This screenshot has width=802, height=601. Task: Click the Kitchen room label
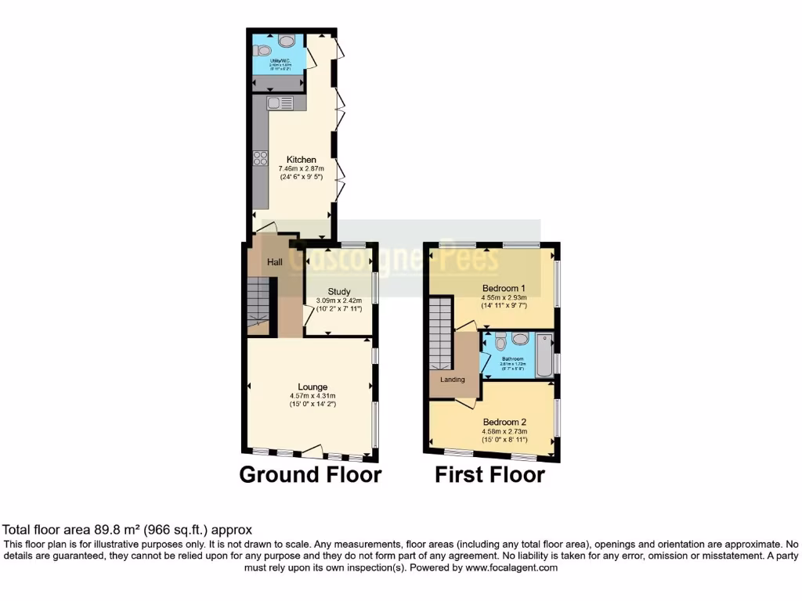(x=301, y=160)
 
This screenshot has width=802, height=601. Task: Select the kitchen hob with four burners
(x=260, y=159)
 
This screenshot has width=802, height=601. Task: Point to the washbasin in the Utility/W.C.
(x=287, y=41)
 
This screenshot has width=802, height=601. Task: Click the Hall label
(x=275, y=262)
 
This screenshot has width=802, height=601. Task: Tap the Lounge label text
(x=312, y=387)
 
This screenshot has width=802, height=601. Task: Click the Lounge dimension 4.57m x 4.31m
(x=312, y=396)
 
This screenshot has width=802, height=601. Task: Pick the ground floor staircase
(x=258, y=304)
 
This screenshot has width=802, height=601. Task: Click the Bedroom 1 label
(x=504, y=288)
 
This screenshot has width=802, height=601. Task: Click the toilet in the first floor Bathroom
(x=501, y=341)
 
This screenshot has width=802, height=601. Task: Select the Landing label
(x=453, y=380)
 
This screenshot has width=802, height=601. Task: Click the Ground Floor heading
(x=310, y=474)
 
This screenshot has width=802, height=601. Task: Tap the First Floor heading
(x=490, y=474)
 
